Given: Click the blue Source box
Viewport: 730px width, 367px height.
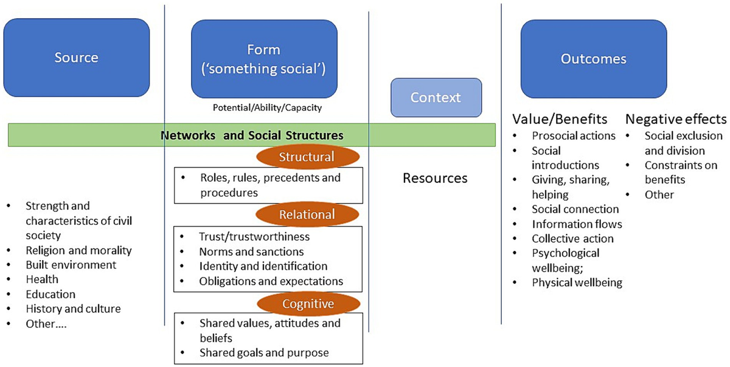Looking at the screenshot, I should [76, 58].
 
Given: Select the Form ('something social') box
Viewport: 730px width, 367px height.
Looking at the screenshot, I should [265, 58].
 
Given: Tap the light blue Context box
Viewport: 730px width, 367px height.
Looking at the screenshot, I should [436, 97].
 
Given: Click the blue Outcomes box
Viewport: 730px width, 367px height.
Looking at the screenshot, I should [593, 58].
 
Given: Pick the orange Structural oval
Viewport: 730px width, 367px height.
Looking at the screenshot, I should [306, 157].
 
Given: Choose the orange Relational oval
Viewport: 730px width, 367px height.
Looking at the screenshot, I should [306, 214].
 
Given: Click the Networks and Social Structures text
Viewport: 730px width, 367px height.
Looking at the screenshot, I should [252, 135].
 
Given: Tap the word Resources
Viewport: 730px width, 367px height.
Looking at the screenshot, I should [435, 178].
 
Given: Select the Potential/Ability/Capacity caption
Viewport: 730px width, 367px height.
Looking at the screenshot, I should [266, 108].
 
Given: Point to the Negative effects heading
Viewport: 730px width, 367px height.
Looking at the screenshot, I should [676, 118].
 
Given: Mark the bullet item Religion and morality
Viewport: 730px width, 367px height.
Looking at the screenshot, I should [79, 250].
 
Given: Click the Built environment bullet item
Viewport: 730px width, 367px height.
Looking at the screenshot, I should [71, 265].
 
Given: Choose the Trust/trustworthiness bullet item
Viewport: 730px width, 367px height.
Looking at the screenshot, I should [254, 236].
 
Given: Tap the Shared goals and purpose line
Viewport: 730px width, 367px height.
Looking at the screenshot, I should [264, 352].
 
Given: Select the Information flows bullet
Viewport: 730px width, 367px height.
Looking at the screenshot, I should [576, 224].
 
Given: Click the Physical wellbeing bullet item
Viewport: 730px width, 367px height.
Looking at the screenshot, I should [577, 283].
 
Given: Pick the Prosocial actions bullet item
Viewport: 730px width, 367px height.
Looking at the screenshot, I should [574, 136].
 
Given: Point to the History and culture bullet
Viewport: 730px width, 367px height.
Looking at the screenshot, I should [74, 309].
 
